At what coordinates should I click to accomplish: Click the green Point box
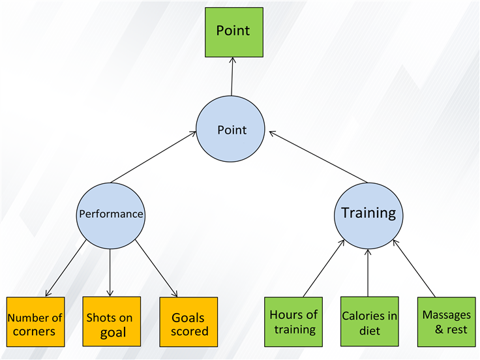click(234, 32)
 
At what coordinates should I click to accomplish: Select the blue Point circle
click(230, 129)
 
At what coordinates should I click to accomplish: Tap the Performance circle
click(110, 216)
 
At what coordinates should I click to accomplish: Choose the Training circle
click(368, 216)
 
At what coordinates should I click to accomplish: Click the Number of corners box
click(35, 322)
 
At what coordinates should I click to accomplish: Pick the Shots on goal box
click(112, 322)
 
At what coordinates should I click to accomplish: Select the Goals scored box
click(188, 322)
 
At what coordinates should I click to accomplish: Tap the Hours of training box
click(293, 322)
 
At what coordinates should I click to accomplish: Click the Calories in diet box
click(370, 322)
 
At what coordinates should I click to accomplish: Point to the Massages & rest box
click(447, 322)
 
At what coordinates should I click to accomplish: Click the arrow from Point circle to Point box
click(232, 76)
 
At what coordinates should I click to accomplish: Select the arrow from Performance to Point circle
click(153, 157)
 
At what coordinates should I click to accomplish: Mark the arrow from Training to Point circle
click(318, 157)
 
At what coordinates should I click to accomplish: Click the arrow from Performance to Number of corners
click(66, 268)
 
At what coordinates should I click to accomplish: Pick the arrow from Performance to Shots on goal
click(110, 273)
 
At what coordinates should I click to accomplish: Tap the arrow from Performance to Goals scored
click(157, 269)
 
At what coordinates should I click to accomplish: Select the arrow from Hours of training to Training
click(324, 269)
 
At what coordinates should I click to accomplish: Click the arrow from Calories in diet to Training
click(368, 273)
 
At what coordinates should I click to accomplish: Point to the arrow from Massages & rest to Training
click(414, 269)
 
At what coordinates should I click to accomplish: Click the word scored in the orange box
click(190, 331)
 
